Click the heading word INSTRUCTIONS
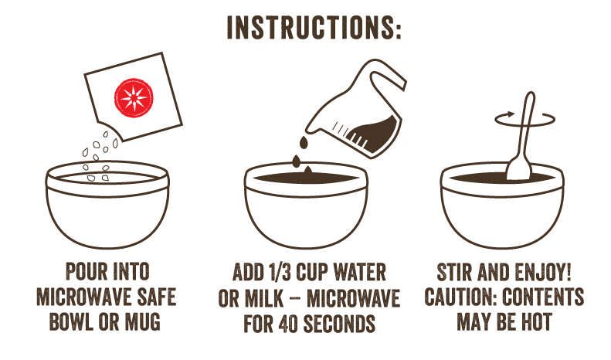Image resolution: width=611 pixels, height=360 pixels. click(305, 27)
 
